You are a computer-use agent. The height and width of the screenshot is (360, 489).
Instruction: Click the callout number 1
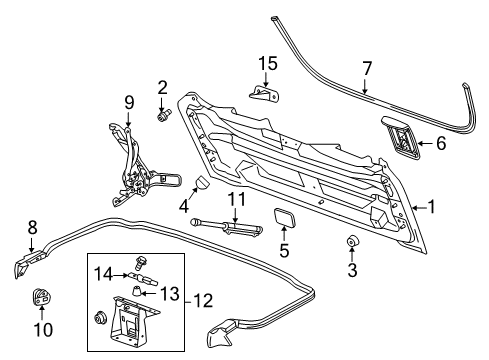click(x=432, y=207)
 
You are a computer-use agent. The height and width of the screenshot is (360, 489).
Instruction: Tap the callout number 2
click(x=162, y=87)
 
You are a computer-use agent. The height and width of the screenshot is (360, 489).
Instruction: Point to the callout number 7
click(x=367, y=68)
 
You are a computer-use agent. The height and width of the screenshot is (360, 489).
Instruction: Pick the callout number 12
click(x=204, y=300)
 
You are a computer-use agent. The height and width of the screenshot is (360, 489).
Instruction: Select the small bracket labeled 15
click(x=264, y=95)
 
